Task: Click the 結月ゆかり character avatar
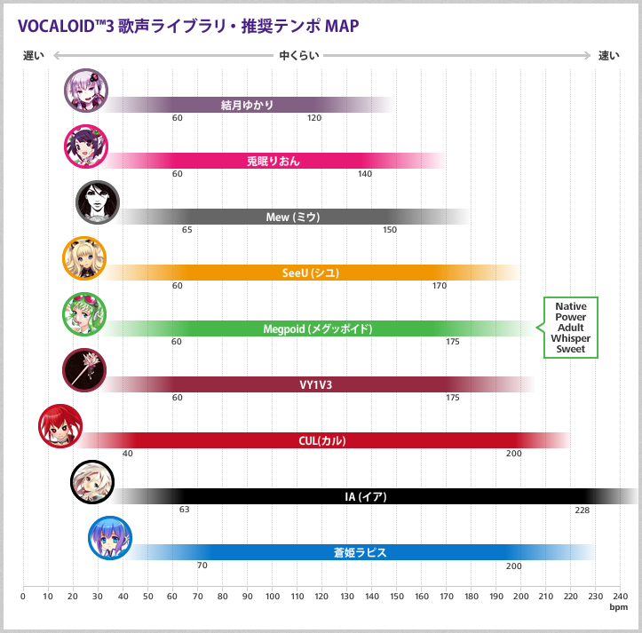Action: pos(86,91)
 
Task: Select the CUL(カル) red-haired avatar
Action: pos(60,425)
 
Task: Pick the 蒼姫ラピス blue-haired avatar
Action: pos(110,537)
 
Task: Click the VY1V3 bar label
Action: pos(315,384)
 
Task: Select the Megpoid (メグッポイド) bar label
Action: pos(317,328)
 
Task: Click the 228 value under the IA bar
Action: pos(582,510)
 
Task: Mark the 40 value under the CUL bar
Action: pos(128,454)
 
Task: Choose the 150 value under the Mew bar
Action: pos(390,230)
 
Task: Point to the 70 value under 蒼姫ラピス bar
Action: pos(202,566)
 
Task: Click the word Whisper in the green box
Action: pos(570,338)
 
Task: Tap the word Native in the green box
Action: pos(570,306)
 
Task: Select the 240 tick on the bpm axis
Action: pos(620,597)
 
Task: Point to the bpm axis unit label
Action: pos(618,608)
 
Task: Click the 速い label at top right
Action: pos(608,56)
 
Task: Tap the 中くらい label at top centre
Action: pos(298,56)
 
